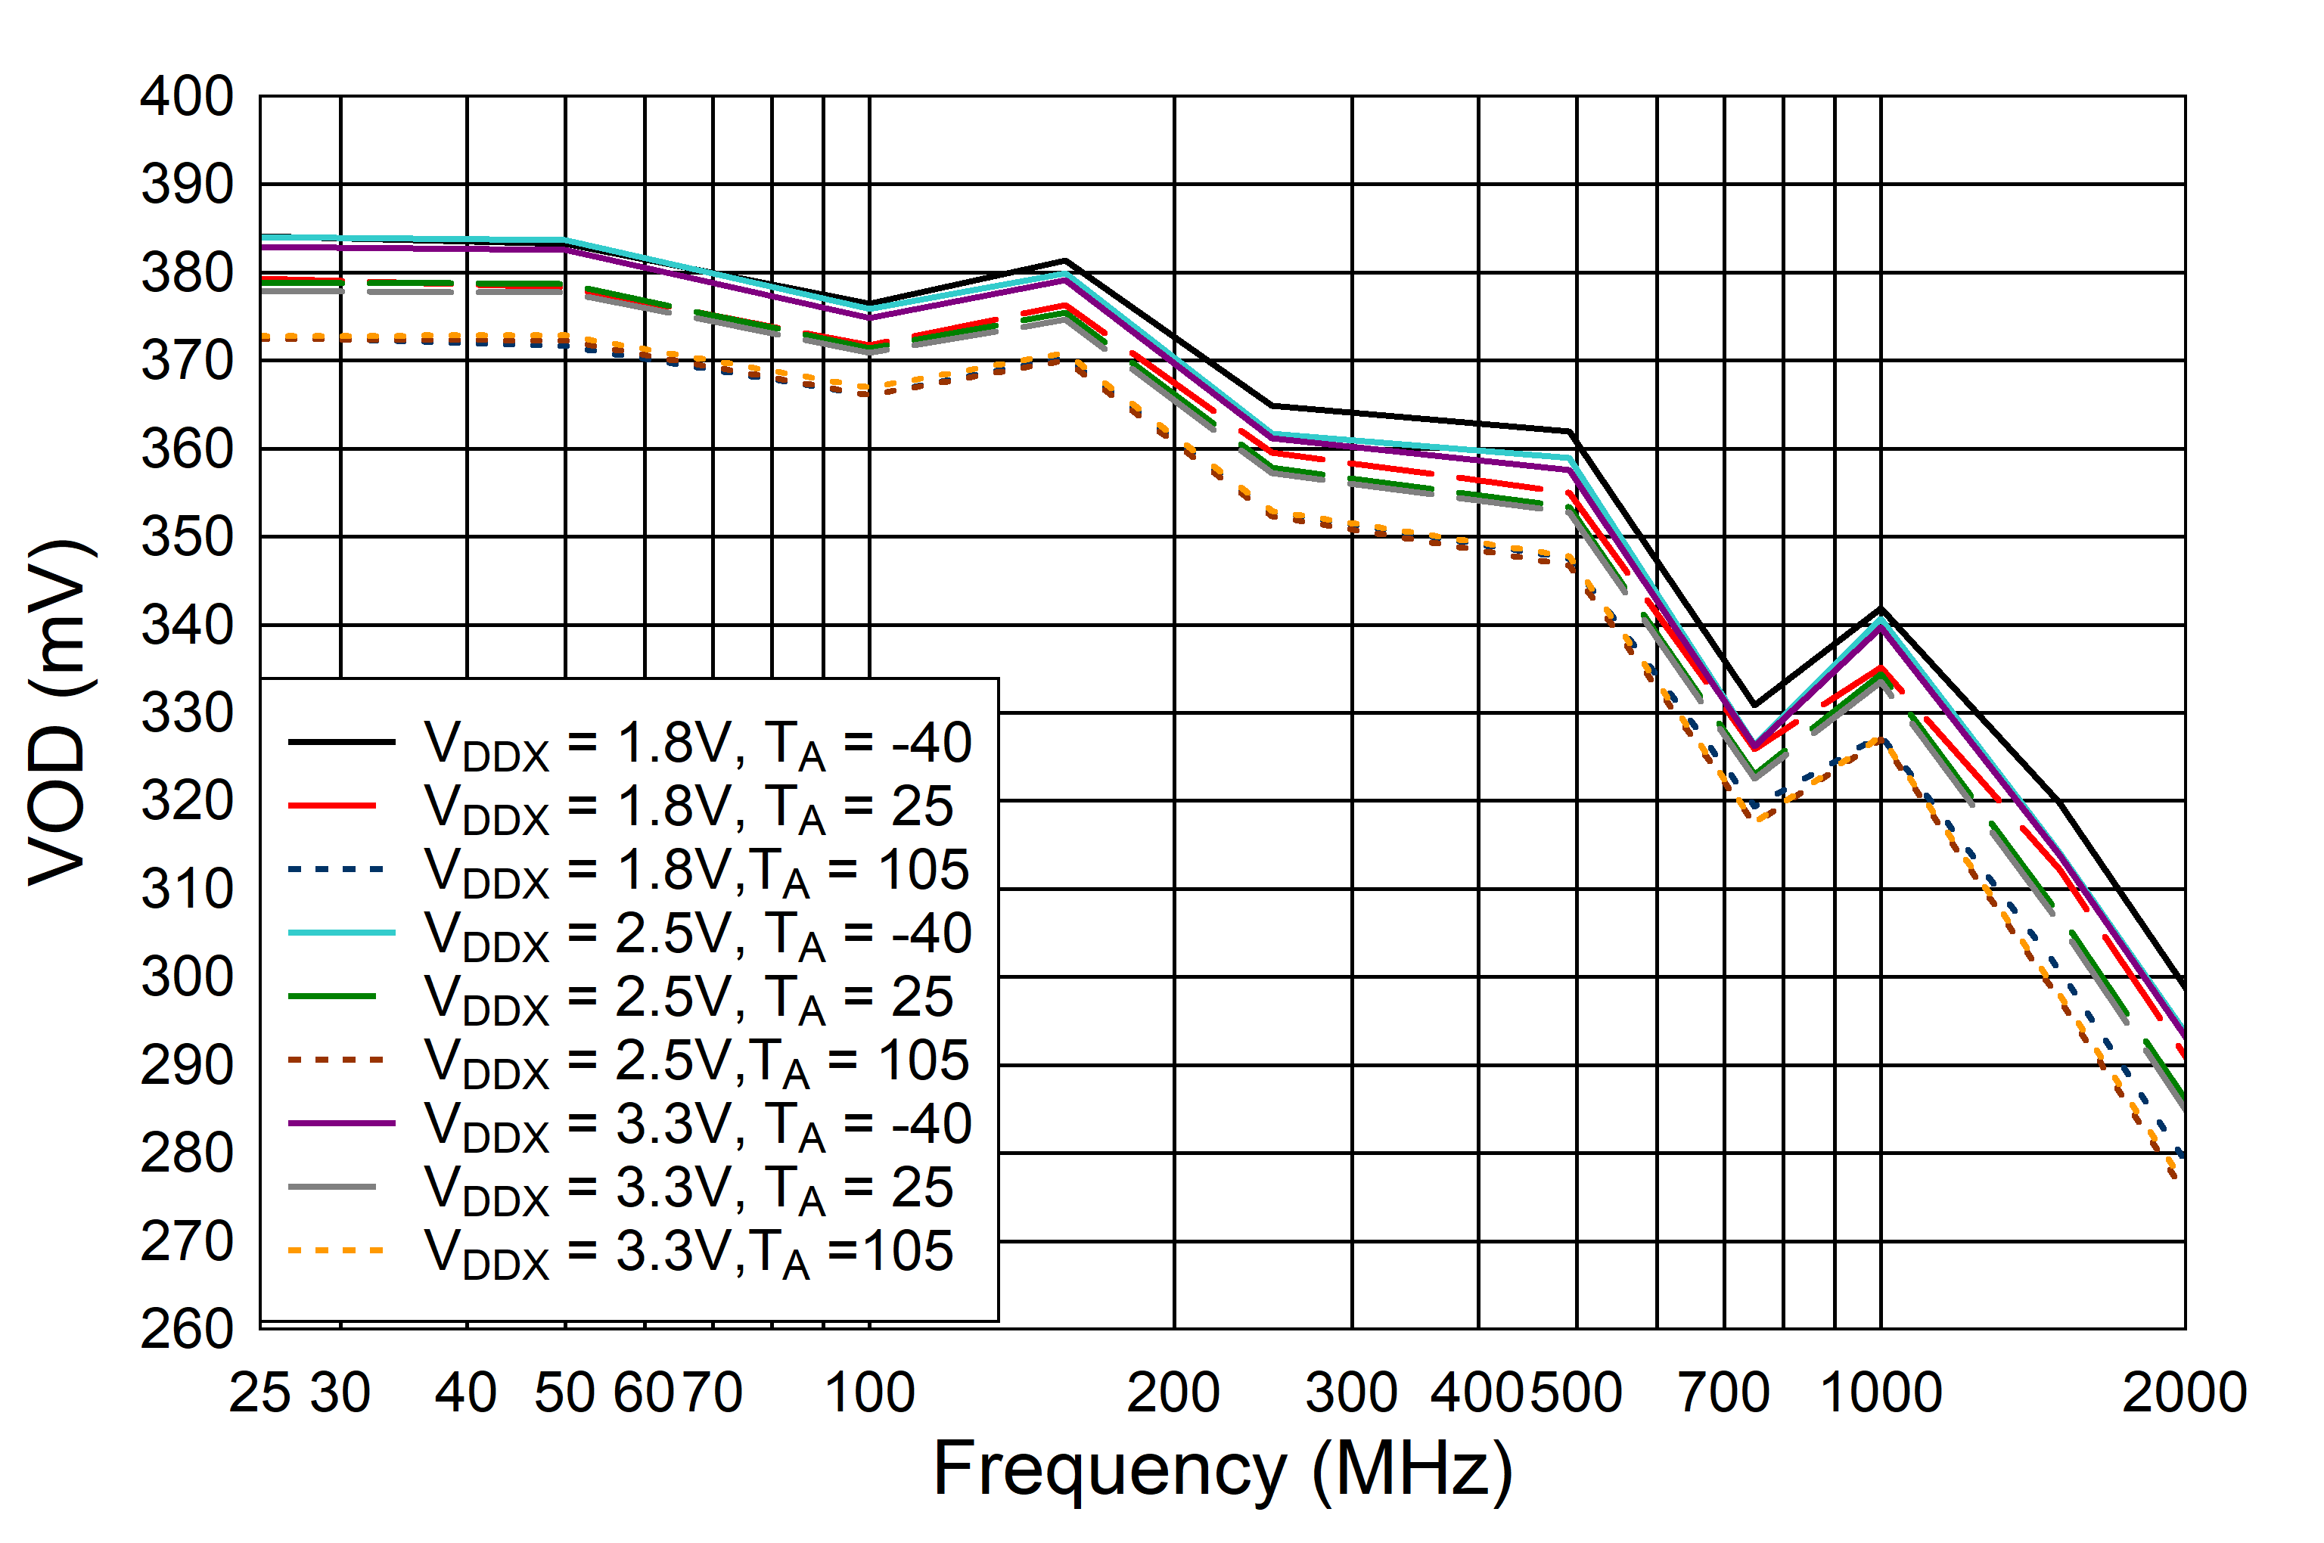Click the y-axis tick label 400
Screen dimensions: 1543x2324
[186, 98]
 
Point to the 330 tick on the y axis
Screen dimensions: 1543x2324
[186, 713]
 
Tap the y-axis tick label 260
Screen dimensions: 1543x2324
[186, 1330]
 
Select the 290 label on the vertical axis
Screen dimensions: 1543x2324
[186, 1066]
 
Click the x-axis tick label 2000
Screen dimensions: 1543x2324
[2184, 1393]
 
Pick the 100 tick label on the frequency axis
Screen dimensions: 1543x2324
[869, 1393]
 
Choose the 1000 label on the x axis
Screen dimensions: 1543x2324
[1880, 1393]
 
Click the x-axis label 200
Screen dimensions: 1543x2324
[1173, 1393]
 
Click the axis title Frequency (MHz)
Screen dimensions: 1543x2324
[1223, 1469]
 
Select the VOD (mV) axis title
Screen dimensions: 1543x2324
[59, 713]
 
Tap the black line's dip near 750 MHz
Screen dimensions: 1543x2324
[1753, 706]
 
